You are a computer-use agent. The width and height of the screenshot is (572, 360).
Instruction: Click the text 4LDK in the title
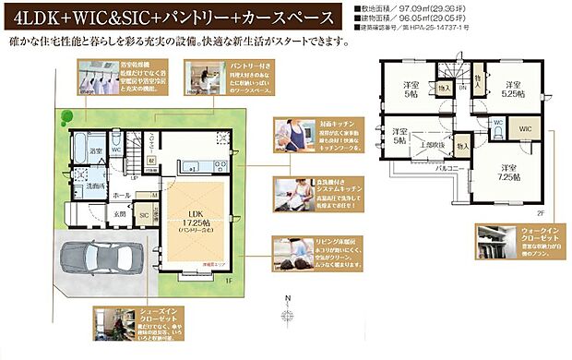(x=37, y=17)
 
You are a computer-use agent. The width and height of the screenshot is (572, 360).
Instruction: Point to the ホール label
(x=122, y=196)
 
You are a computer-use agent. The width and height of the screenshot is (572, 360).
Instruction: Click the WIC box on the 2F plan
(x=526, y=128)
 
